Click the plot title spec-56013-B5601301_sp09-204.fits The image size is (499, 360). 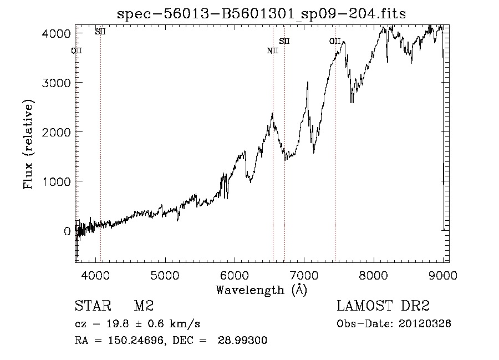pyautogui.click(x=261, y=14)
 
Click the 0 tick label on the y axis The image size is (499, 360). pyautogui.click(x=67, y=231)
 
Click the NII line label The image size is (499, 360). pyautogui.click(x=272, y=51)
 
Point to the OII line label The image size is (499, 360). pyautogui.click(x=334, y=41)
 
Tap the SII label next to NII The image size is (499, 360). pyautogui.click(x=284, y=41)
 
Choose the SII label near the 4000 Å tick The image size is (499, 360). pyautogui.click(x=100, y=32)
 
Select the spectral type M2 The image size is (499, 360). pyautogui.click(x=143, y=306)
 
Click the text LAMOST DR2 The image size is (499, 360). pyautogui.click(x=383, y=306)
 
